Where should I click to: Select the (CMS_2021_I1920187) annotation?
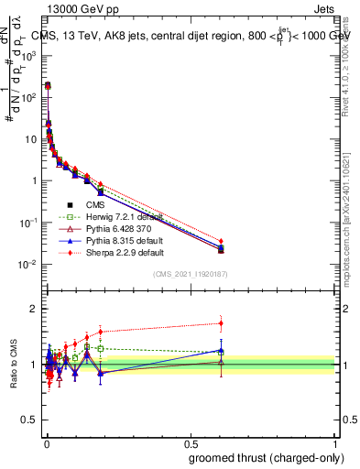190,274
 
